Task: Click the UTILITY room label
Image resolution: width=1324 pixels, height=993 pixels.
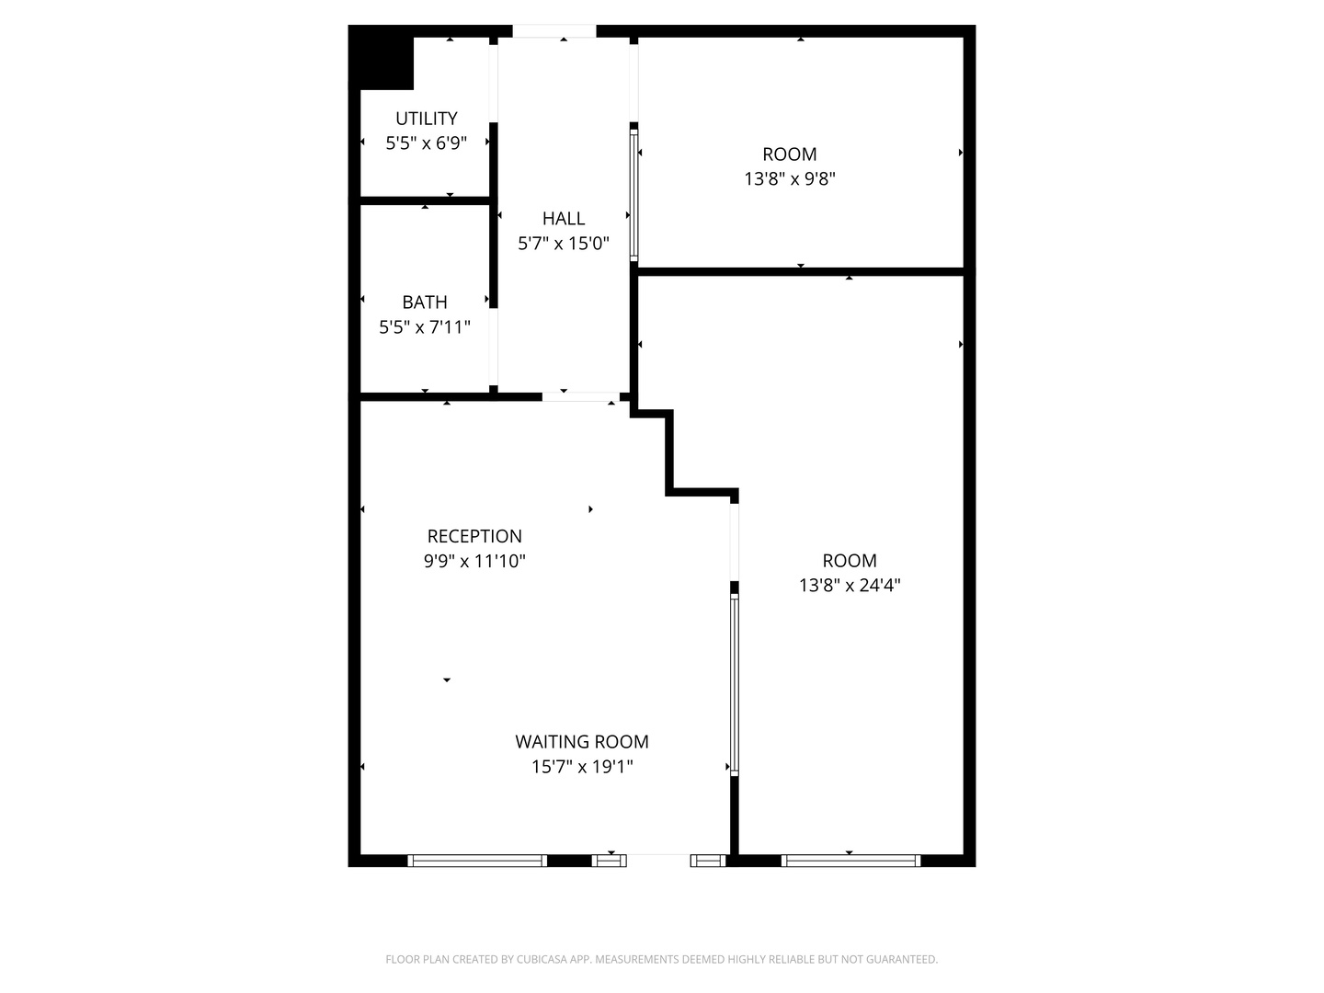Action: (426, 119)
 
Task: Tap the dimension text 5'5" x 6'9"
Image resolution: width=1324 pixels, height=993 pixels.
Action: (426, 143)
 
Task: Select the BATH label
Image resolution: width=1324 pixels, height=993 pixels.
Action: (425, 302)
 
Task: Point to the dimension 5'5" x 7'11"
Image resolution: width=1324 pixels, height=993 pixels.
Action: (425, 327)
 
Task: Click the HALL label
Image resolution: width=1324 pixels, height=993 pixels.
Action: (564, 219)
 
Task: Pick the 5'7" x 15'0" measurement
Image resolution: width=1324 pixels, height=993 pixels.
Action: (564, 244)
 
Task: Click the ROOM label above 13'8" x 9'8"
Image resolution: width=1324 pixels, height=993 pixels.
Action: (789, 154)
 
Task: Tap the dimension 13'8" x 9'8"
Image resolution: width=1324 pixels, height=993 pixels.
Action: (789, 179)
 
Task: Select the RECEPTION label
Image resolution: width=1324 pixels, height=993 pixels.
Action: (474, 536)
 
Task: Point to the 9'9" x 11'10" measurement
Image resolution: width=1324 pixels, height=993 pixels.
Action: (474, 561)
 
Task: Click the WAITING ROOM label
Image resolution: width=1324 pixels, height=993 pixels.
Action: (582, 742)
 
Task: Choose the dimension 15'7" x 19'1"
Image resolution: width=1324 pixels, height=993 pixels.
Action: (582, 767)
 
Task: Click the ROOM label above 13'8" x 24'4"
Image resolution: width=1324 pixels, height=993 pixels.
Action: (850, 561)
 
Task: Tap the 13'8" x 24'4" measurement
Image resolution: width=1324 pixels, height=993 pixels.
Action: (850, 586)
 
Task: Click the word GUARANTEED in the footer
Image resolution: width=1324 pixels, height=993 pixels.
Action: (900, 960)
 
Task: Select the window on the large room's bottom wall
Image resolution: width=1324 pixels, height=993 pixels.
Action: (850, 861)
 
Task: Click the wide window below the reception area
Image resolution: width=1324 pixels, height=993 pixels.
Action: (477, 861)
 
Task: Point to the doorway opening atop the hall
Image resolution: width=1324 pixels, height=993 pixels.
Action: (554, 31)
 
